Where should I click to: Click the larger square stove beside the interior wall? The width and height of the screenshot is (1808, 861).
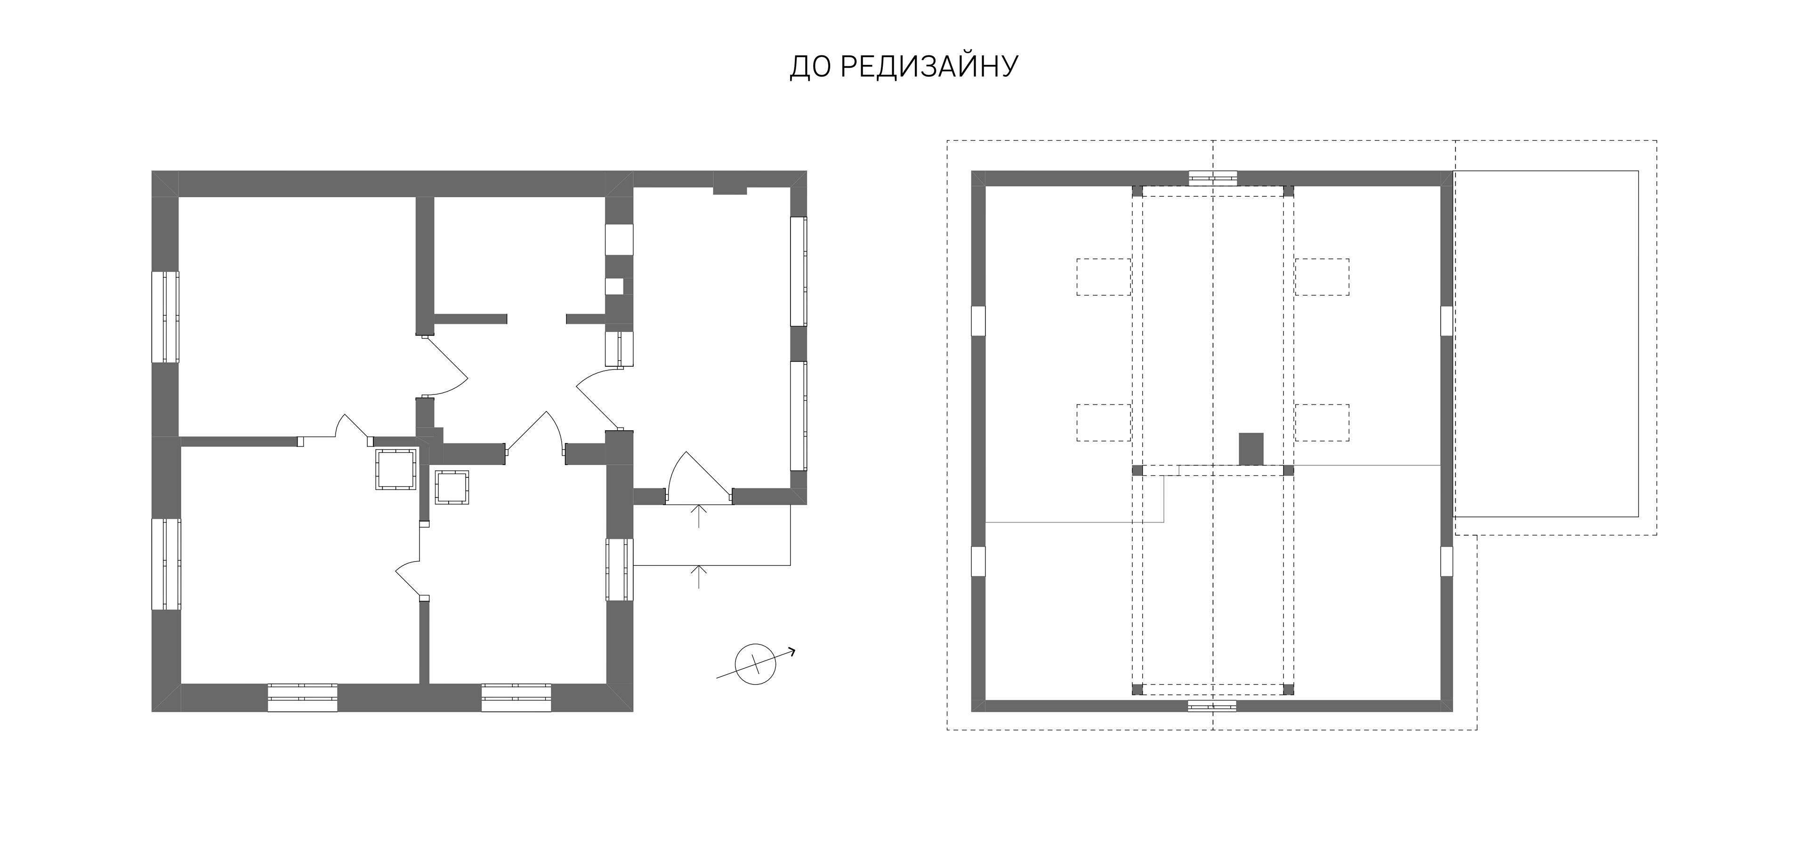(x=396, y=469)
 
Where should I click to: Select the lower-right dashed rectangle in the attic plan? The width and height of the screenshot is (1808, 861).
(x=1322, y=422)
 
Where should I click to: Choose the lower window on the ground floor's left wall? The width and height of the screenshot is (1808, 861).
(x=166, y=564)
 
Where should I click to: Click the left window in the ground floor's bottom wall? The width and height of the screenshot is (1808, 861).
(x=302, y=698)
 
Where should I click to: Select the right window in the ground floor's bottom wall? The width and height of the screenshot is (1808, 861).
(x=517, y=698)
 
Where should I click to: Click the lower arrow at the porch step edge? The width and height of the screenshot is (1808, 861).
(x=698, y=576)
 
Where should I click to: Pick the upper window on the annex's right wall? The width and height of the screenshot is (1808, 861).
(x=798, y=272)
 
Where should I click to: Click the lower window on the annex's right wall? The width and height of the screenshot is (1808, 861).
(x=798, y=415)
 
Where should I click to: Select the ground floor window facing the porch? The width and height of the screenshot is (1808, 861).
(x=620, y=569)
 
